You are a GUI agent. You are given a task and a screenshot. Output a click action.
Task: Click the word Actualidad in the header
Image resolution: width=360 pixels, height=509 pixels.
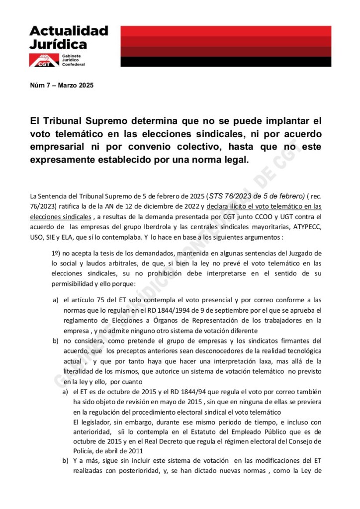pyautogui.click(x=69, y=30)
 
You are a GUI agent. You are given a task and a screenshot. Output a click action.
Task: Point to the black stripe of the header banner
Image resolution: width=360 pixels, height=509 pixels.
pyautogui.click(x=226, y=62)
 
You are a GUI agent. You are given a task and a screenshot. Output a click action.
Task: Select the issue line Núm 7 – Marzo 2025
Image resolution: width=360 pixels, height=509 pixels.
pyautogui.click(x=62, y=85)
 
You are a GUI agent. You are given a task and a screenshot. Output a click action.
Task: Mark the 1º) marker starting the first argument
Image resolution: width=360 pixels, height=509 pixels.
pyautogui.click(x=57, y=254)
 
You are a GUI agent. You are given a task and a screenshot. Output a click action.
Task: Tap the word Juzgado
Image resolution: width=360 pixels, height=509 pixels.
pyautogui.click(x=306, y=254)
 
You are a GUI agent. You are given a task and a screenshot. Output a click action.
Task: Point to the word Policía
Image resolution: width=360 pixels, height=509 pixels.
pyautogui.click(x=86, y=451)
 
